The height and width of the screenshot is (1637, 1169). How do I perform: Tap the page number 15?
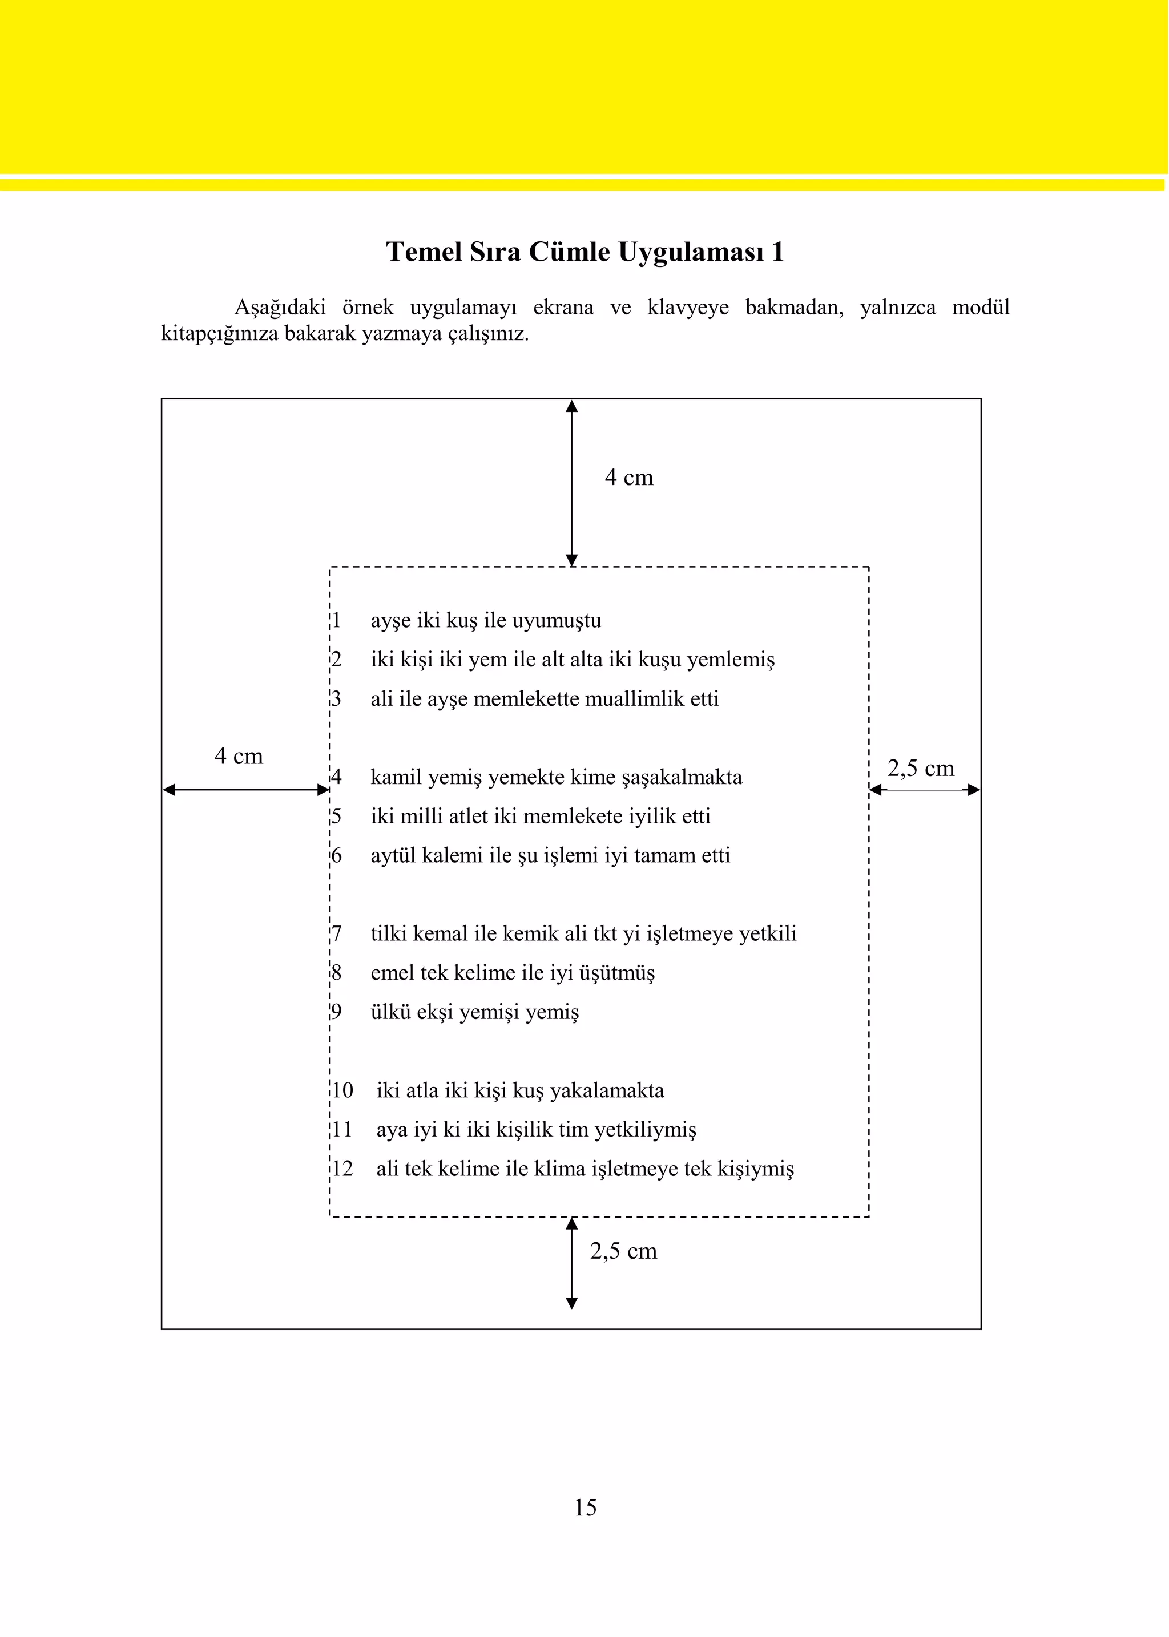click(x=584, y=1507)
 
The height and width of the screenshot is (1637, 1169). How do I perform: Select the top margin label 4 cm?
click(x=628, y=478)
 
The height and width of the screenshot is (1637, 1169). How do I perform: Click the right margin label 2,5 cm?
click(x=920, y=769)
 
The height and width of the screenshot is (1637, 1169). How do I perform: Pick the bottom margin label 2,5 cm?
click(x=623, y=1251)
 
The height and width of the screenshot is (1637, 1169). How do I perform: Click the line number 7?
click(x=336, y=934)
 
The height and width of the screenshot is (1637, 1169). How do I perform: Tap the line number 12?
click(x=342, y=1169)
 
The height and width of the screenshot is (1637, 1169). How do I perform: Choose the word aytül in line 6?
click(x=393, y=855)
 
